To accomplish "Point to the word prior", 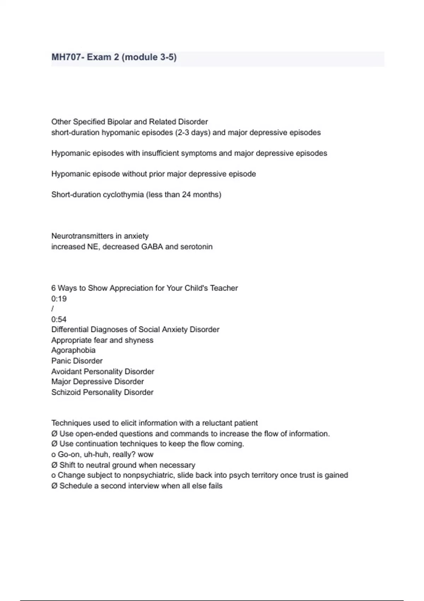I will (x=157, y=174).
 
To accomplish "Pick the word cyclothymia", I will (x=123, y=195).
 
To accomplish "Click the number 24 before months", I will (x=186, y=195).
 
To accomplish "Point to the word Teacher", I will (x=224, y=288).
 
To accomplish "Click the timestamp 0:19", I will (x=59, y=299).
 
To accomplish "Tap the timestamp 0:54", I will (x=59, y=320).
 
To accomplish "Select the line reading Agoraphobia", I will (x=73, y=350).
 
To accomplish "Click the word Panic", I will (x=61, y=361).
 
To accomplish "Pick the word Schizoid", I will (x=66, y=392).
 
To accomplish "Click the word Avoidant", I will (x=66, y=372).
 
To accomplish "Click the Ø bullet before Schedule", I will (x=54, y=486).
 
